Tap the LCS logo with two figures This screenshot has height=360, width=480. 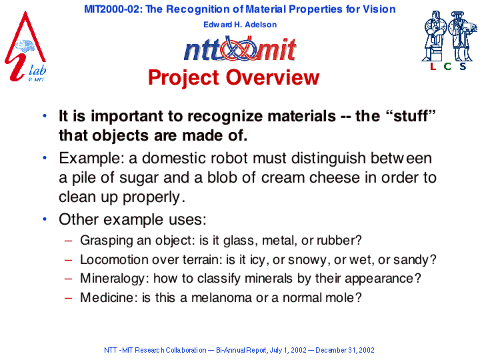[449, 41]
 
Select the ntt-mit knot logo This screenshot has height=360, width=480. [240, 49]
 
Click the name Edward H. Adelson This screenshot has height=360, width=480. [240, 25]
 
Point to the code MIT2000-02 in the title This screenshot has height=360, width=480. [113, 9]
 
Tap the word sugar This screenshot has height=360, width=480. [139, 178]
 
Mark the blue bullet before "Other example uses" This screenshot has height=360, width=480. [45, 219]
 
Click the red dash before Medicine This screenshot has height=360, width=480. [69, 298]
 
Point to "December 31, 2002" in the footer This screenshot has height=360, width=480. [345, 350]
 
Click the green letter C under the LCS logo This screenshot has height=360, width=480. [447, 66]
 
